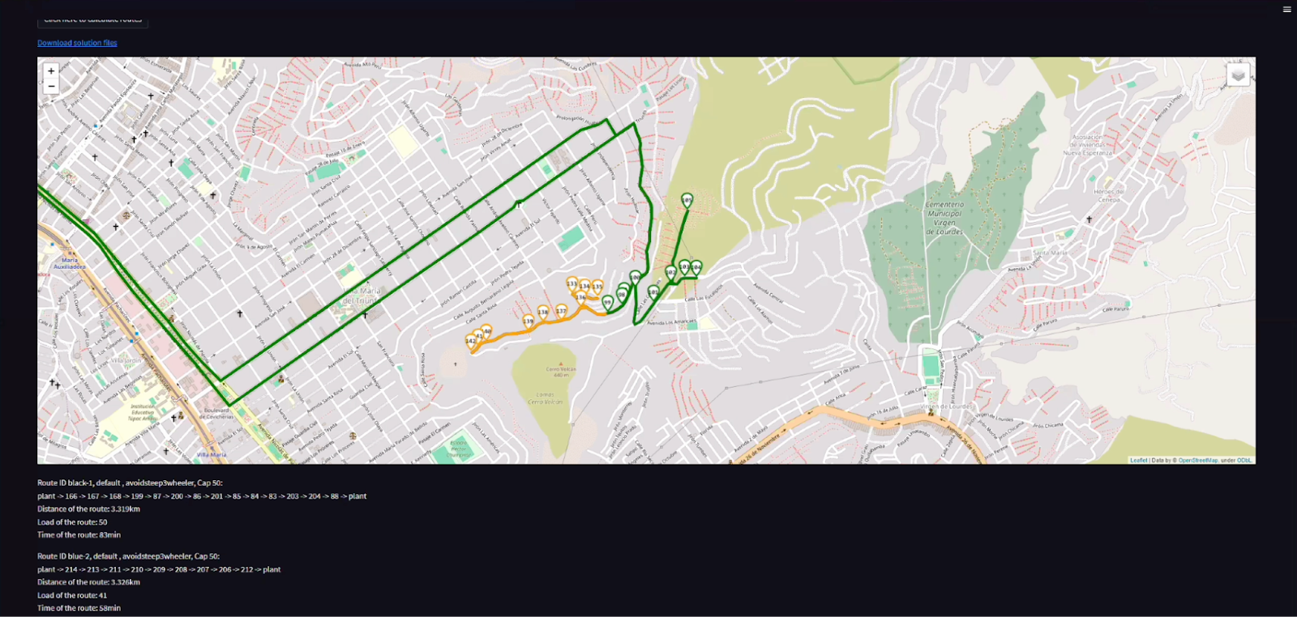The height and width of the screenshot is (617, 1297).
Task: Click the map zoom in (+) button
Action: click(x=51, y=71)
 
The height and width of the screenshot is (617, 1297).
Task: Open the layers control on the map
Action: click(x=1238, y=75)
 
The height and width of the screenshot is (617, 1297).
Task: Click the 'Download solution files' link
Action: click(x=77, y=43)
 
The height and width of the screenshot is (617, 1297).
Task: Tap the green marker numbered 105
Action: click(x=687, y=200)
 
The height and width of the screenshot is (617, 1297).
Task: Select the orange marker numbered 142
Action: click(x=470, y=341)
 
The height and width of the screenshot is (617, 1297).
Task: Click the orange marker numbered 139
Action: click(x=529, y=321)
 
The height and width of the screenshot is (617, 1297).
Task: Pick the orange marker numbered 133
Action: click(x=571, y=284)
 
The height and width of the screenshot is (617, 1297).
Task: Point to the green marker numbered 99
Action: click(x=608, y=302)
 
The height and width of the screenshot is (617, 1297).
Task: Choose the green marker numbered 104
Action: click(x=696, y=266)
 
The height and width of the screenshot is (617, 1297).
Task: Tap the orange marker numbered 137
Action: click(x=561, y=311)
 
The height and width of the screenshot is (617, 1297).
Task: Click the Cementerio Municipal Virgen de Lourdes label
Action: click(x=944, y=218)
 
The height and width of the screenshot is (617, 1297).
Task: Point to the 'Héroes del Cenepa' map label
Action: click(x=1108, y=195)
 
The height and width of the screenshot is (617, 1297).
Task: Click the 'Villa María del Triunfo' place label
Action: click(x=361, y=296)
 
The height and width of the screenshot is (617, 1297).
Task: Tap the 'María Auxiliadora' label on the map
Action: click(x=70, y=263)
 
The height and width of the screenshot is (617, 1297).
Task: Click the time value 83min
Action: click(x=110, y=535)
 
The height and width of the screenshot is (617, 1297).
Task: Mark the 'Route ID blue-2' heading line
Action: click(x=128, y=556)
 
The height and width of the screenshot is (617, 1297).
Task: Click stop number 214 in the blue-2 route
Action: click(x=71, y=569)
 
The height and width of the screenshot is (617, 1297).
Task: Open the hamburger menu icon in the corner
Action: click(x=1286, y=10)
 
